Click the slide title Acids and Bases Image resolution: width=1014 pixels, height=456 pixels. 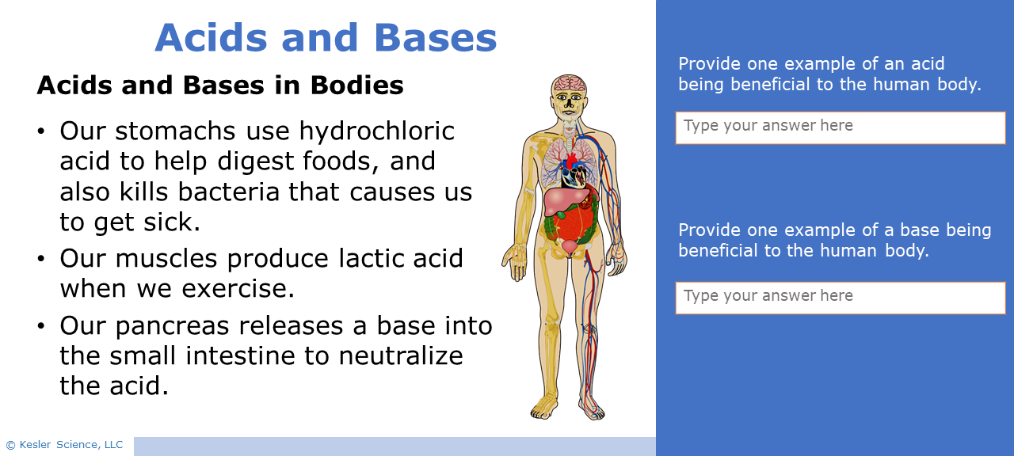pos(326,38)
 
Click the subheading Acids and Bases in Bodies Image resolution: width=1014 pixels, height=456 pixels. pos(220,85)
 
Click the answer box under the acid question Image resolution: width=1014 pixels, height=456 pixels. pos(840,127)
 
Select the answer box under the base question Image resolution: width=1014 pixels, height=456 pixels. pos(840,298)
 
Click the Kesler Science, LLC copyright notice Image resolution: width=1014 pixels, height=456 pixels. pos(65,445)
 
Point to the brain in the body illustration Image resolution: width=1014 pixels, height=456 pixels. pos(569,84)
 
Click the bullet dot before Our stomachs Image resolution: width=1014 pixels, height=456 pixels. pos(41,131)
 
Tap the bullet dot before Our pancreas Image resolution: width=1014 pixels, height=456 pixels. pos(41,326)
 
